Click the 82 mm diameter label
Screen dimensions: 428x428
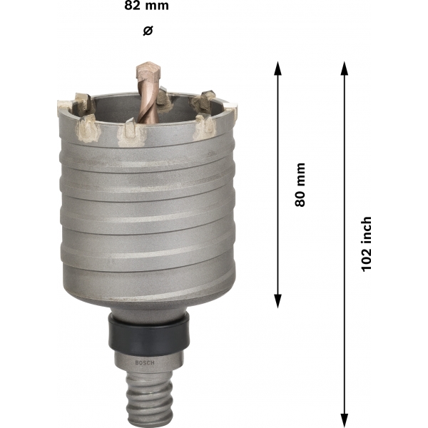[x=146, y=6]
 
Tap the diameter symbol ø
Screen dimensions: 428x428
[x=148, y=31]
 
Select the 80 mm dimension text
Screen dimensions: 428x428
[x=300, y=185]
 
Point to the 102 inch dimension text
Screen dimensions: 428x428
[x=366, y=244]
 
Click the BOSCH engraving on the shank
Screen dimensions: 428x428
[x=145, y=363]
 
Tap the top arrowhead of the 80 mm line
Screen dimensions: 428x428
[x=277, y=68]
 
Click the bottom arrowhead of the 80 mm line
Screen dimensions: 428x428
[x=277, y=302]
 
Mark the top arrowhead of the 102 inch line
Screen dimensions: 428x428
[x=345, y=68]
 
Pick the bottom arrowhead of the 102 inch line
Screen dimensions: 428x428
[x=345, y=421]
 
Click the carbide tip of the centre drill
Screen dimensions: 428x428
[x=148, y=71]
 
